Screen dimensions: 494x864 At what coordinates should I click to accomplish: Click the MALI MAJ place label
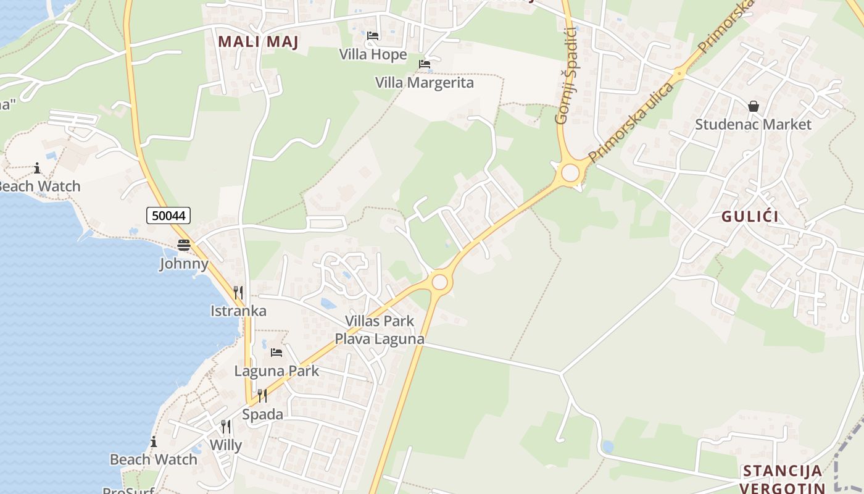tap(259, 42)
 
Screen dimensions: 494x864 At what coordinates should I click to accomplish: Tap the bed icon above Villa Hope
tap(373, 36)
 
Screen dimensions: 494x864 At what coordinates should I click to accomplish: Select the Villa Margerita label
tap(425, 83)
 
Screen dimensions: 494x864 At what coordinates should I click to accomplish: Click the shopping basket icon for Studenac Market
tap(753, 106)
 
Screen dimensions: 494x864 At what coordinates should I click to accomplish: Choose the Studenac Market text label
tap(753, 124)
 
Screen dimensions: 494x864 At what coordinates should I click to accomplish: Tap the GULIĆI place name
tap(750, 216)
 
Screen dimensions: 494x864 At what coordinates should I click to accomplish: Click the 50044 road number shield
tap(168, 216)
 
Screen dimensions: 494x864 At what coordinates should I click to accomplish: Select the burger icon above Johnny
tap(184, 245)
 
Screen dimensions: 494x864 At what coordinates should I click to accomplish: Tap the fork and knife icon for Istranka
tap(238, 292)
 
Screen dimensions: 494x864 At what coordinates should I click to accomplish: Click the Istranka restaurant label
tap(238, 311)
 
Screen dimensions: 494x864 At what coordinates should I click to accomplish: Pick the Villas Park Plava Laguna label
tap(380, 330)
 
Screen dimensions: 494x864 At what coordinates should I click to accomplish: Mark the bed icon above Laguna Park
tap(276, 353)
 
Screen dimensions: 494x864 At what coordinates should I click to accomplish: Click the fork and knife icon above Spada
tap(262, 395)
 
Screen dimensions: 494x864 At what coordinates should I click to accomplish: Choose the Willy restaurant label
tap(226, 445)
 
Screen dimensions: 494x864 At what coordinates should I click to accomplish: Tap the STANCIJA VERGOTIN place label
tap(783, 479)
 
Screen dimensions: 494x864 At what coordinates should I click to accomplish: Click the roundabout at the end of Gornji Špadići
tap(570, 173)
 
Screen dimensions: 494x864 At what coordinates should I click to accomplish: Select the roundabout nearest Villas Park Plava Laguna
tap(439, 282)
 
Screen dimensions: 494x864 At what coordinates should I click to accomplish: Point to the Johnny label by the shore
tap(184, 264)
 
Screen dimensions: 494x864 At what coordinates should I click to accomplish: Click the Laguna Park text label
tap(276, 371)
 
